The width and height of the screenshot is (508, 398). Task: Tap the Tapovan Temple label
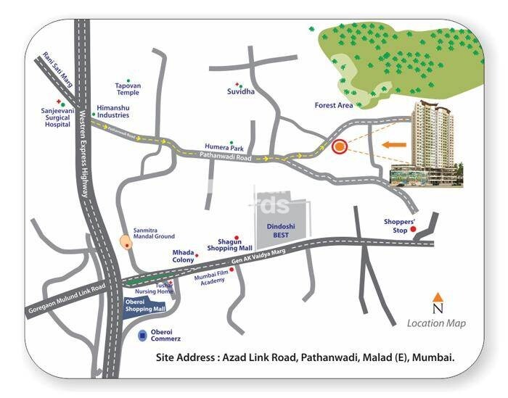(128, 89)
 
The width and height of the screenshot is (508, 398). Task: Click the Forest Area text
(334, 106)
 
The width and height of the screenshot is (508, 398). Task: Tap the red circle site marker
(339, 147)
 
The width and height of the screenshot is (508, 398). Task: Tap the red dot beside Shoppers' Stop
(414, 230)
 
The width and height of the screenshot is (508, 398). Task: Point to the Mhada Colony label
(183, 256)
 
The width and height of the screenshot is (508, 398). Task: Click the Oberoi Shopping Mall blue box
(146, 306)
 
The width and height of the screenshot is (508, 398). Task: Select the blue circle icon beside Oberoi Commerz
(143, 336)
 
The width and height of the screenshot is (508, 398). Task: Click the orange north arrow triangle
(438, 297)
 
